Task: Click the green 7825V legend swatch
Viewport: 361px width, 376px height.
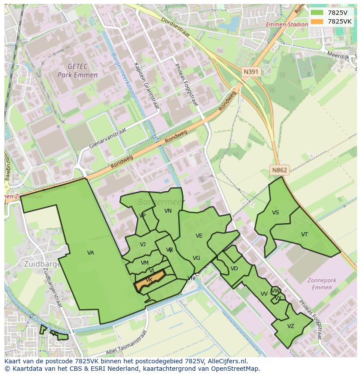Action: pyautogui.click(x=317, y=13)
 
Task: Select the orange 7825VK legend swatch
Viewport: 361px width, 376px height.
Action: pyautogui.click(x=317, y=21)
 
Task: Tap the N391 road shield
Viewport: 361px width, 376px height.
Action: pyautogui.click(x=252, y=72)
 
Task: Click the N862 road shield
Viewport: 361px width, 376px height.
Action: pyautogui.click(x=279, y=170)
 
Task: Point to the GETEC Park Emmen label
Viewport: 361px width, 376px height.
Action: pyautogui.click(x=78, y=70)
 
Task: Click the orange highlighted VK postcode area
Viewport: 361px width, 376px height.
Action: pyautogui.click(x=150, y=280)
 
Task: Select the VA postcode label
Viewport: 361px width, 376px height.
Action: pyautogui.click(x=91, y=253)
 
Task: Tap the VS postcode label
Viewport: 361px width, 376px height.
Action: pyautogui.click(x=276, y=213)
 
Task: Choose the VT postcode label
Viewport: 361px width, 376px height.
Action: pyautogui.click(x=304, y=235)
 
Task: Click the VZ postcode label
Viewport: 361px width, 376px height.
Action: pyautogui.click(x=291, y=326)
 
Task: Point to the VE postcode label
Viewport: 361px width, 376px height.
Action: pyautogui.click(x=199, y=236)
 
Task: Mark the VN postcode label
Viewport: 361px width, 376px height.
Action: pyautogui.click(x=168, y=211)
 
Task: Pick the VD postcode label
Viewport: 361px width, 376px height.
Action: pyautogui.click(x=234, y=269)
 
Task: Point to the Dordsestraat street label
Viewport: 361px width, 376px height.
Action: pyautogui.click(x=175, y=27)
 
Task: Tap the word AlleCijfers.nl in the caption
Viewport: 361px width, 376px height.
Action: pyautogui.click(x=227, y=361)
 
